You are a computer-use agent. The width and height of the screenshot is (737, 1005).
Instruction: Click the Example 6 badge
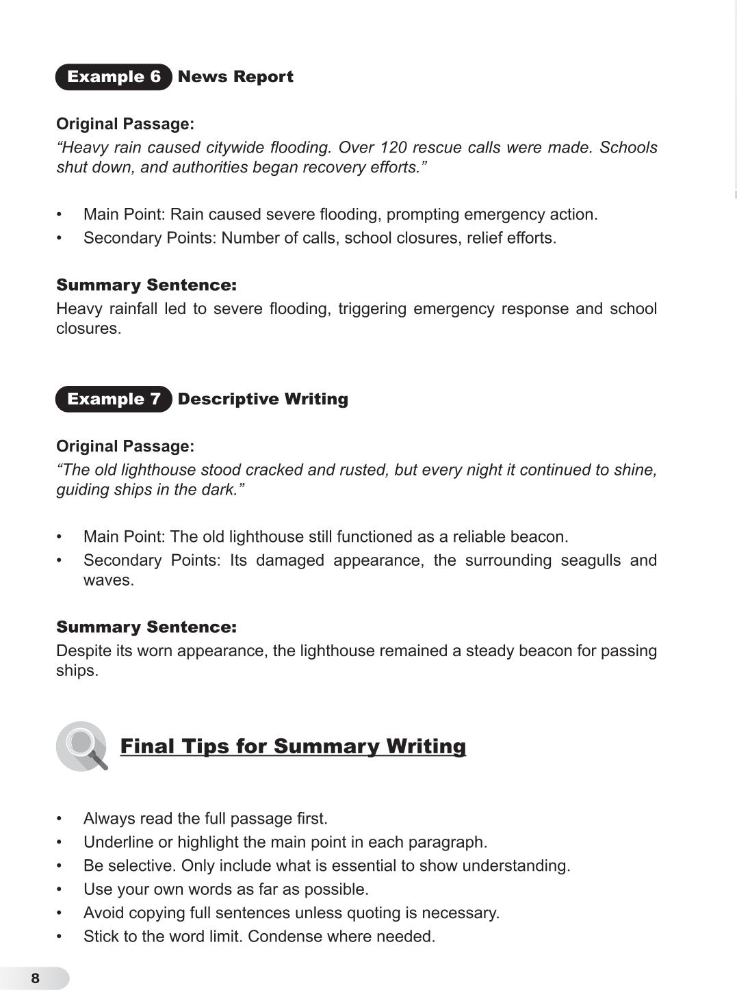(114, 77)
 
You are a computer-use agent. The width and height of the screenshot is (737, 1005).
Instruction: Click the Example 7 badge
(114, 399)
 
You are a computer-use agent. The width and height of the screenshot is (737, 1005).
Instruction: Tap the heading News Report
(235, 77)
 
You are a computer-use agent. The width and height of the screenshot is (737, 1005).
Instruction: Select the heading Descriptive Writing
(263, 399)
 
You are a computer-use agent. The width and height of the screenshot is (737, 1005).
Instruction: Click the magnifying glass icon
(82, 746)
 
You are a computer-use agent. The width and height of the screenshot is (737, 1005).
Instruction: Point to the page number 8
(36, 978)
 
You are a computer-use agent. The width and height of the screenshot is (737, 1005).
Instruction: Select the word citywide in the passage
(234, 148)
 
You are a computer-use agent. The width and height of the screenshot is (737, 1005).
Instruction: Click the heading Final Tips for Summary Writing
(293, 746)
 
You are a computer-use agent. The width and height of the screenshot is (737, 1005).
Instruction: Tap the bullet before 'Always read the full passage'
(60, 819)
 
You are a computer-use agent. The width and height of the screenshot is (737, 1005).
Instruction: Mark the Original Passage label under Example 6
(125, 124)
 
